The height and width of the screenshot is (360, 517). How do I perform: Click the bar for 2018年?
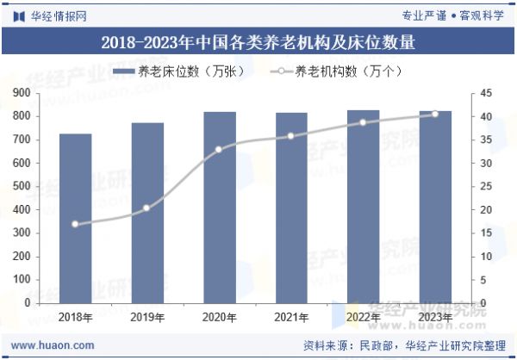tap(76, 219)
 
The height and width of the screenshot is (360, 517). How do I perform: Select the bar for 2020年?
tap(220, 208)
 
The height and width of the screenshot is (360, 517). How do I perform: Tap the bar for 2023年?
tap(435, 207)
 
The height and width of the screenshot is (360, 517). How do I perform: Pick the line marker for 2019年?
tap(147, 208)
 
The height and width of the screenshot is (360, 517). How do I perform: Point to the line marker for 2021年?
tap(291, 136)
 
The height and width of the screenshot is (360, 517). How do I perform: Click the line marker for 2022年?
tap(363, 122)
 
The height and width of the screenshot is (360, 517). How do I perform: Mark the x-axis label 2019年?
tap(147, 318)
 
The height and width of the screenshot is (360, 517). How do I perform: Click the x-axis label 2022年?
tap(363, 318)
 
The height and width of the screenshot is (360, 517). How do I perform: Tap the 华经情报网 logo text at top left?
tap(59, 15)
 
